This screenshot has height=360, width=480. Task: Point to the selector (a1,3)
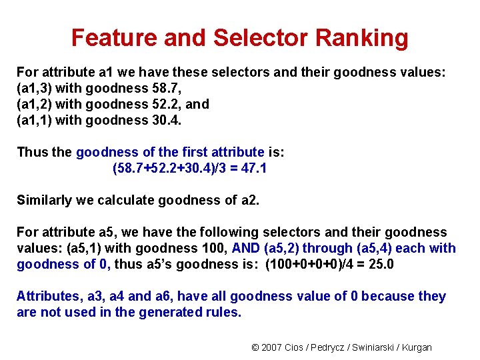click(x=34, y=88)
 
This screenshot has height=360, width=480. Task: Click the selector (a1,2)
click(x=34, y=104)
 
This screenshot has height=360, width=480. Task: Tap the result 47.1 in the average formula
click(x=254, y=168)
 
